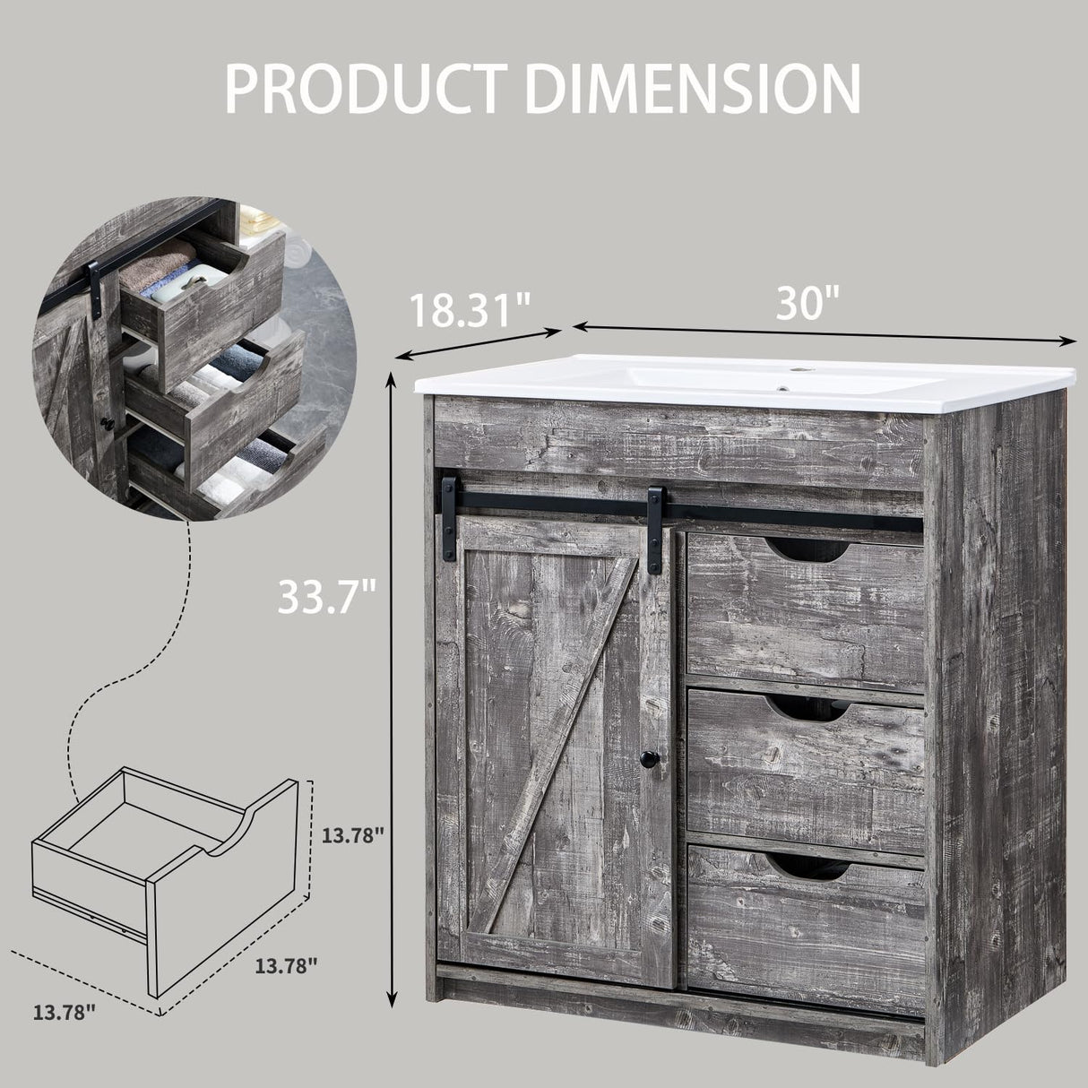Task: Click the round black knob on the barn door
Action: tap(648, 760)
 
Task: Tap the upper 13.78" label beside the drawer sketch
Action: tap(353, 835)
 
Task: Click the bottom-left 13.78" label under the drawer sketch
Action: tap(65, 1013)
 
